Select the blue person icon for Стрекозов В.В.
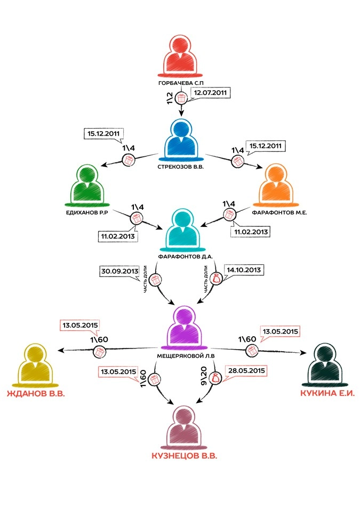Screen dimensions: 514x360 click(x=182, y=140)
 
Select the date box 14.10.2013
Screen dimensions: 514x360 click(x=243, y=270)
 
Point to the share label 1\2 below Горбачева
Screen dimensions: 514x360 click(x=170, y=98)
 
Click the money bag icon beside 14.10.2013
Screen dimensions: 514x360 click(x=217, y=278)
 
